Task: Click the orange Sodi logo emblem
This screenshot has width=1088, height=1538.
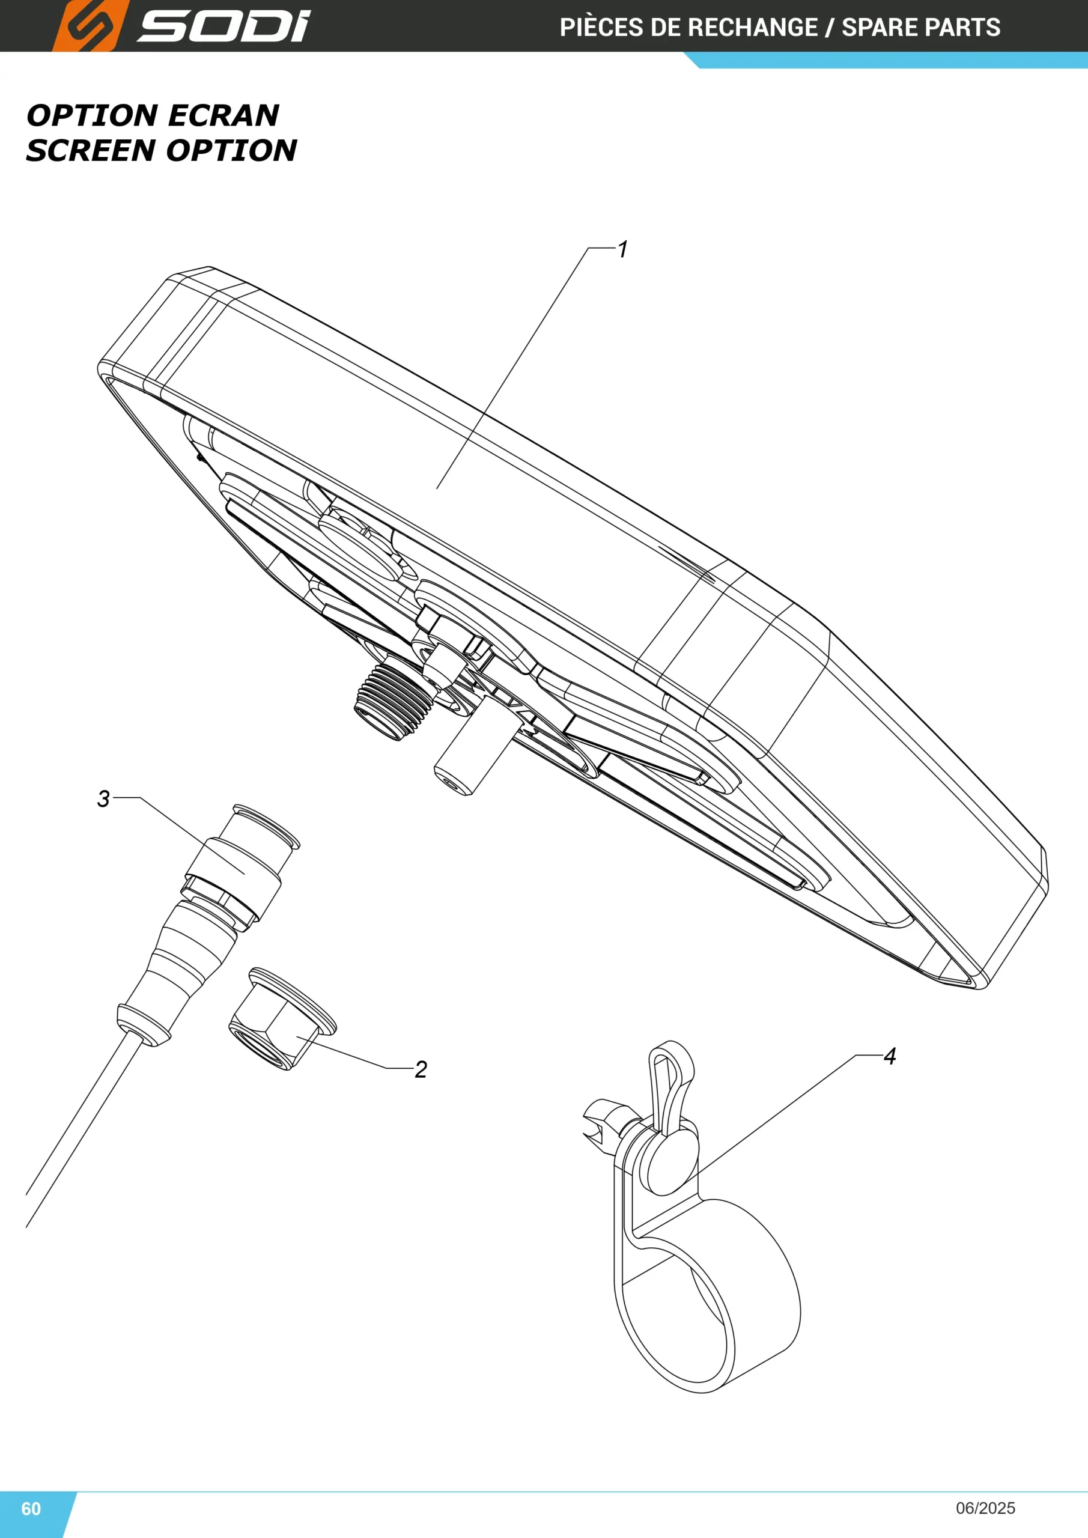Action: click(x=90, y=25)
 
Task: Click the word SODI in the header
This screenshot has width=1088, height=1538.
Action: click(x=223, y=26)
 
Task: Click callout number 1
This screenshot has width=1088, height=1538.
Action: click(x=622, y=249)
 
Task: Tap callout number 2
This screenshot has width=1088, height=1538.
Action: click(x=421, y=1069)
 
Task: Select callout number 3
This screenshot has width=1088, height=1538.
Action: click(x=103, y=798)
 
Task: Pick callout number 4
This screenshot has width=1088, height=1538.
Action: click(x=890, y=1056)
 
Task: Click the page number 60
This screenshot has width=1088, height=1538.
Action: click(x=31, y=1509)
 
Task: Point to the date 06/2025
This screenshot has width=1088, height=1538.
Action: click(x=985, y=1508)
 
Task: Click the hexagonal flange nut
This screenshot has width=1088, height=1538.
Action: click(x=282, y=1019)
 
